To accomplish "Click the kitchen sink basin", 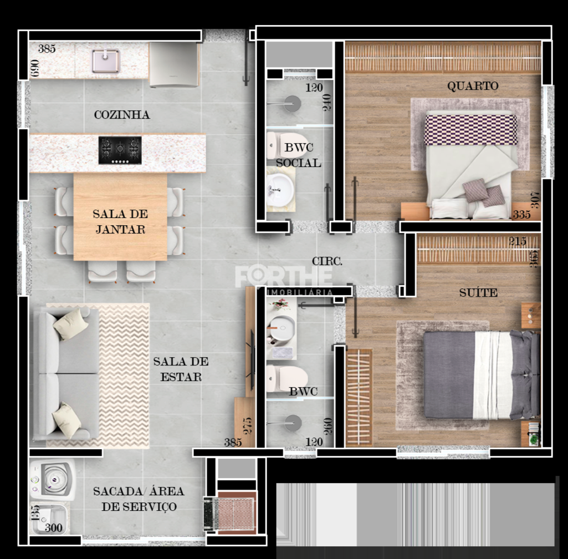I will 106,60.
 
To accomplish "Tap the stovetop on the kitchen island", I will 120,150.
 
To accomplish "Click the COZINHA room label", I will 122,115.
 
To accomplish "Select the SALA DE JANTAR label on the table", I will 120,221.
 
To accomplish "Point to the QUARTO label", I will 473,86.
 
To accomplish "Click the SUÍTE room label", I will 478,292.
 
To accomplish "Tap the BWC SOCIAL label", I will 299,155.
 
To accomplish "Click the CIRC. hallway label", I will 327,261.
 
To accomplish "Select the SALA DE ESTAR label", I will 181,369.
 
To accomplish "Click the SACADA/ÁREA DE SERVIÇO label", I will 139,499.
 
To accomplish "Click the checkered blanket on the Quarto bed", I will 470,129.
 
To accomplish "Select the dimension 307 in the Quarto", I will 535,199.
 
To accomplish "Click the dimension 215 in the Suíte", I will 518,241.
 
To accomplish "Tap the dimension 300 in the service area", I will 53,528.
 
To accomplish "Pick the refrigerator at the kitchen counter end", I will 174,65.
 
